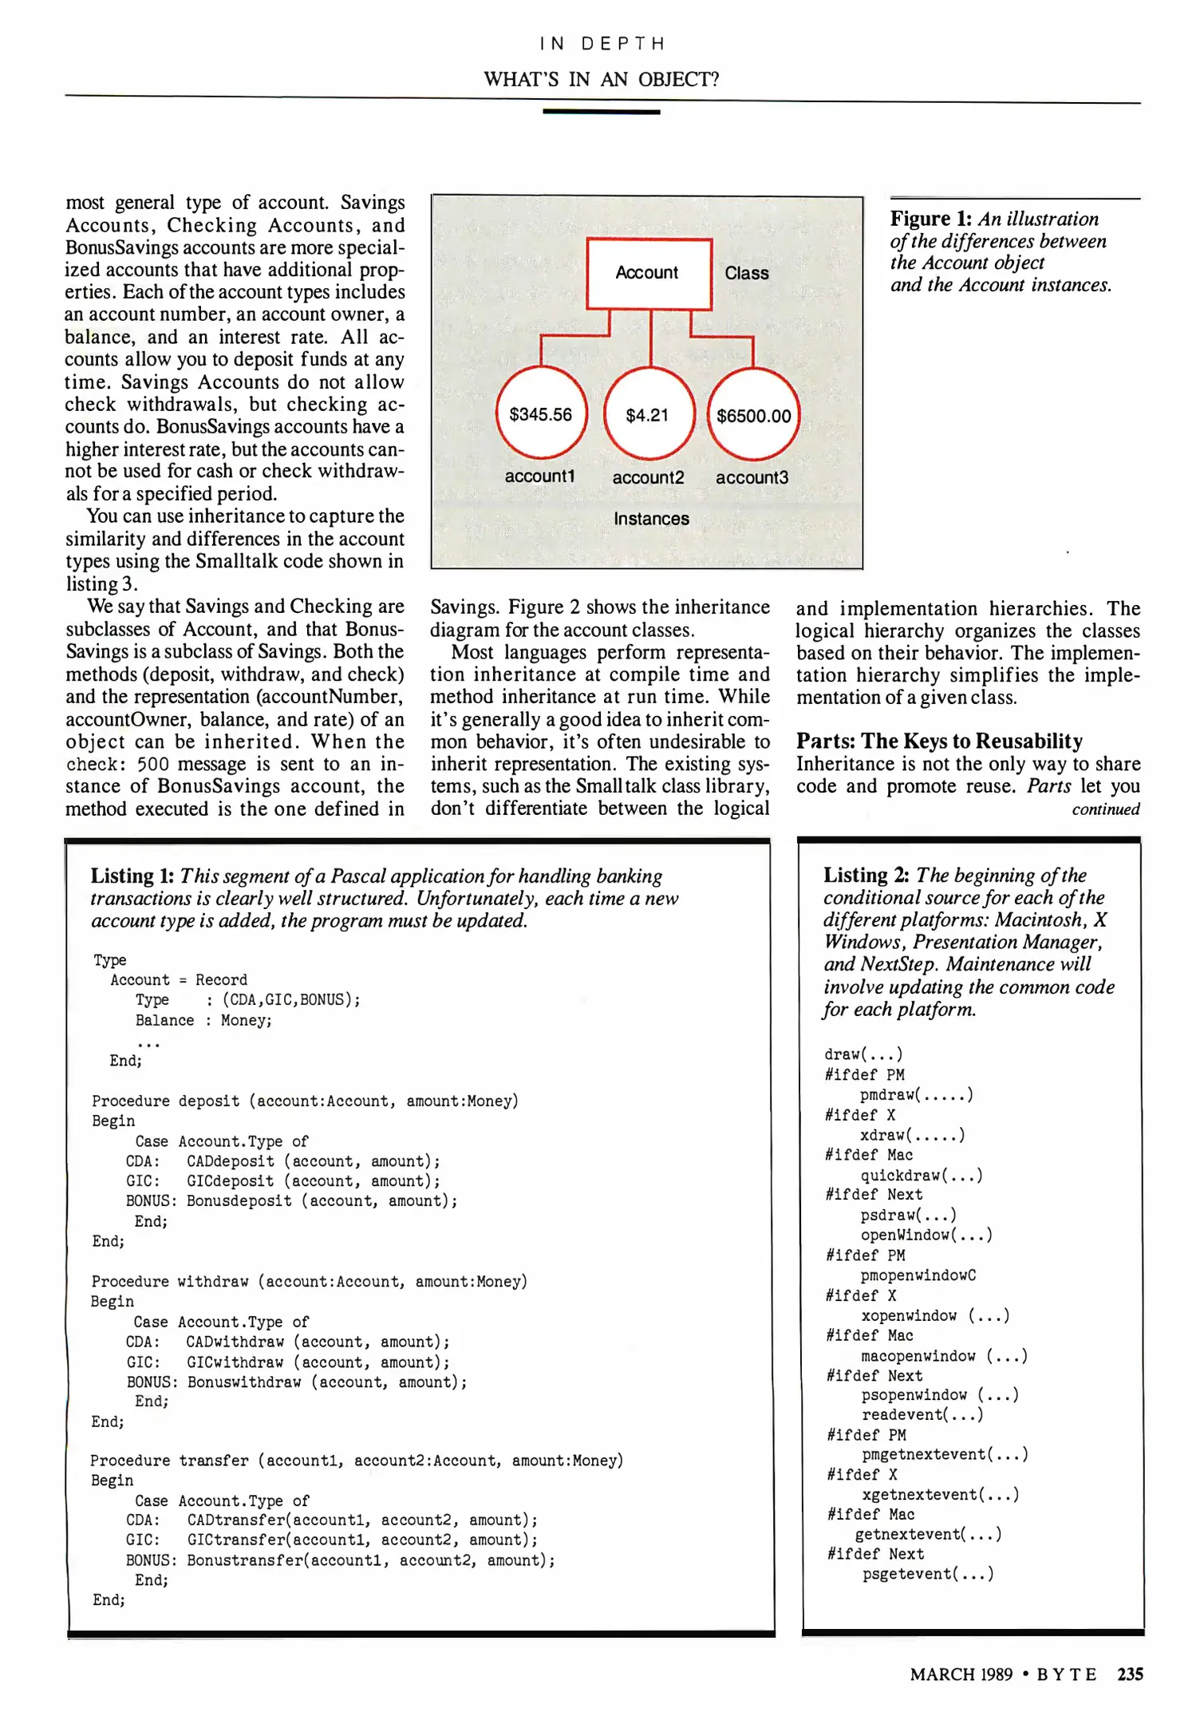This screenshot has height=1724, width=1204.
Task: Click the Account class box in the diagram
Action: (x=649, y=274)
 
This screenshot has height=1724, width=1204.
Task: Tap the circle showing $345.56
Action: (x=541, y=414)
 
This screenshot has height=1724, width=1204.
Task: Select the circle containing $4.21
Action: (x=648, y=415)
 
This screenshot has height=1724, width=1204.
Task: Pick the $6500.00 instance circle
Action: (x=753, y=416)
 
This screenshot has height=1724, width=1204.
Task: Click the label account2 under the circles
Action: (x=648, y=477)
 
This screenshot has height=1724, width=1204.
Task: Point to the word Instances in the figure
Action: (x=651, y=519)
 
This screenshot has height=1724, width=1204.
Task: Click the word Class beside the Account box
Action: (x=746, y=273)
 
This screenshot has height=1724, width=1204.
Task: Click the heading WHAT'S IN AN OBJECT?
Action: (x=601, y=80)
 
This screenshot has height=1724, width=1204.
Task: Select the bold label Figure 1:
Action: (x=930, y=219)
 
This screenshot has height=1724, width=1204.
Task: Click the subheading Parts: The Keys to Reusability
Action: (x=939, y=741)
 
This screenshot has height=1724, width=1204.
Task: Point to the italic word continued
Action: (x=1105, y=809)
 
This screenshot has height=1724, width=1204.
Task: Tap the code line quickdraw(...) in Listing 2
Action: (x=921, y=1176)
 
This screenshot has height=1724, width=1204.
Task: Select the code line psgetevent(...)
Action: (x=928, y=1574)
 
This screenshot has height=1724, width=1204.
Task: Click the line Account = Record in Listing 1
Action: (x=179, y=980)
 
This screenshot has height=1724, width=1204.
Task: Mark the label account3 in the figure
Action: (x=752, y=477)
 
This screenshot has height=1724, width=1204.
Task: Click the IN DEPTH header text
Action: (x=602, y=43)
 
